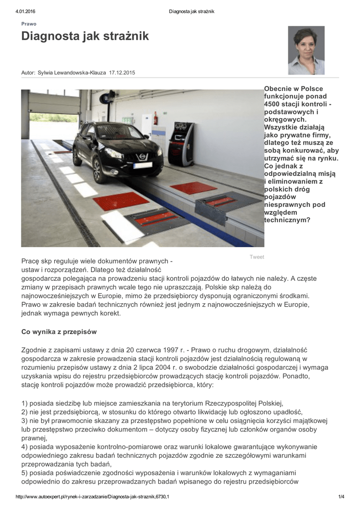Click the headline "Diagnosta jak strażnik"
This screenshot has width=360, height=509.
point(85,36)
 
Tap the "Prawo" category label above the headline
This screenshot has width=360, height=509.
point(28,24)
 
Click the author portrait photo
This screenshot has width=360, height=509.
point(306,50)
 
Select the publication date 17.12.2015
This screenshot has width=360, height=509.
point(122,73)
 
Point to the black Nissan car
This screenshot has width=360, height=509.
point(117,149)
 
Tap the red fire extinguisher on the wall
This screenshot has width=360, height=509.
point(155,118)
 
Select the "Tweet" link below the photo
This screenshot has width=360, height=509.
point(257,257)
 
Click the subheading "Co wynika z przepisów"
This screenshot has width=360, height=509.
point(59,332)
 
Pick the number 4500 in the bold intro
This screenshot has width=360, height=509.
point(272,104)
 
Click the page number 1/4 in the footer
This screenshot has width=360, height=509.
point(341,497)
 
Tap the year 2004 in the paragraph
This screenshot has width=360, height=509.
point(172,367)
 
